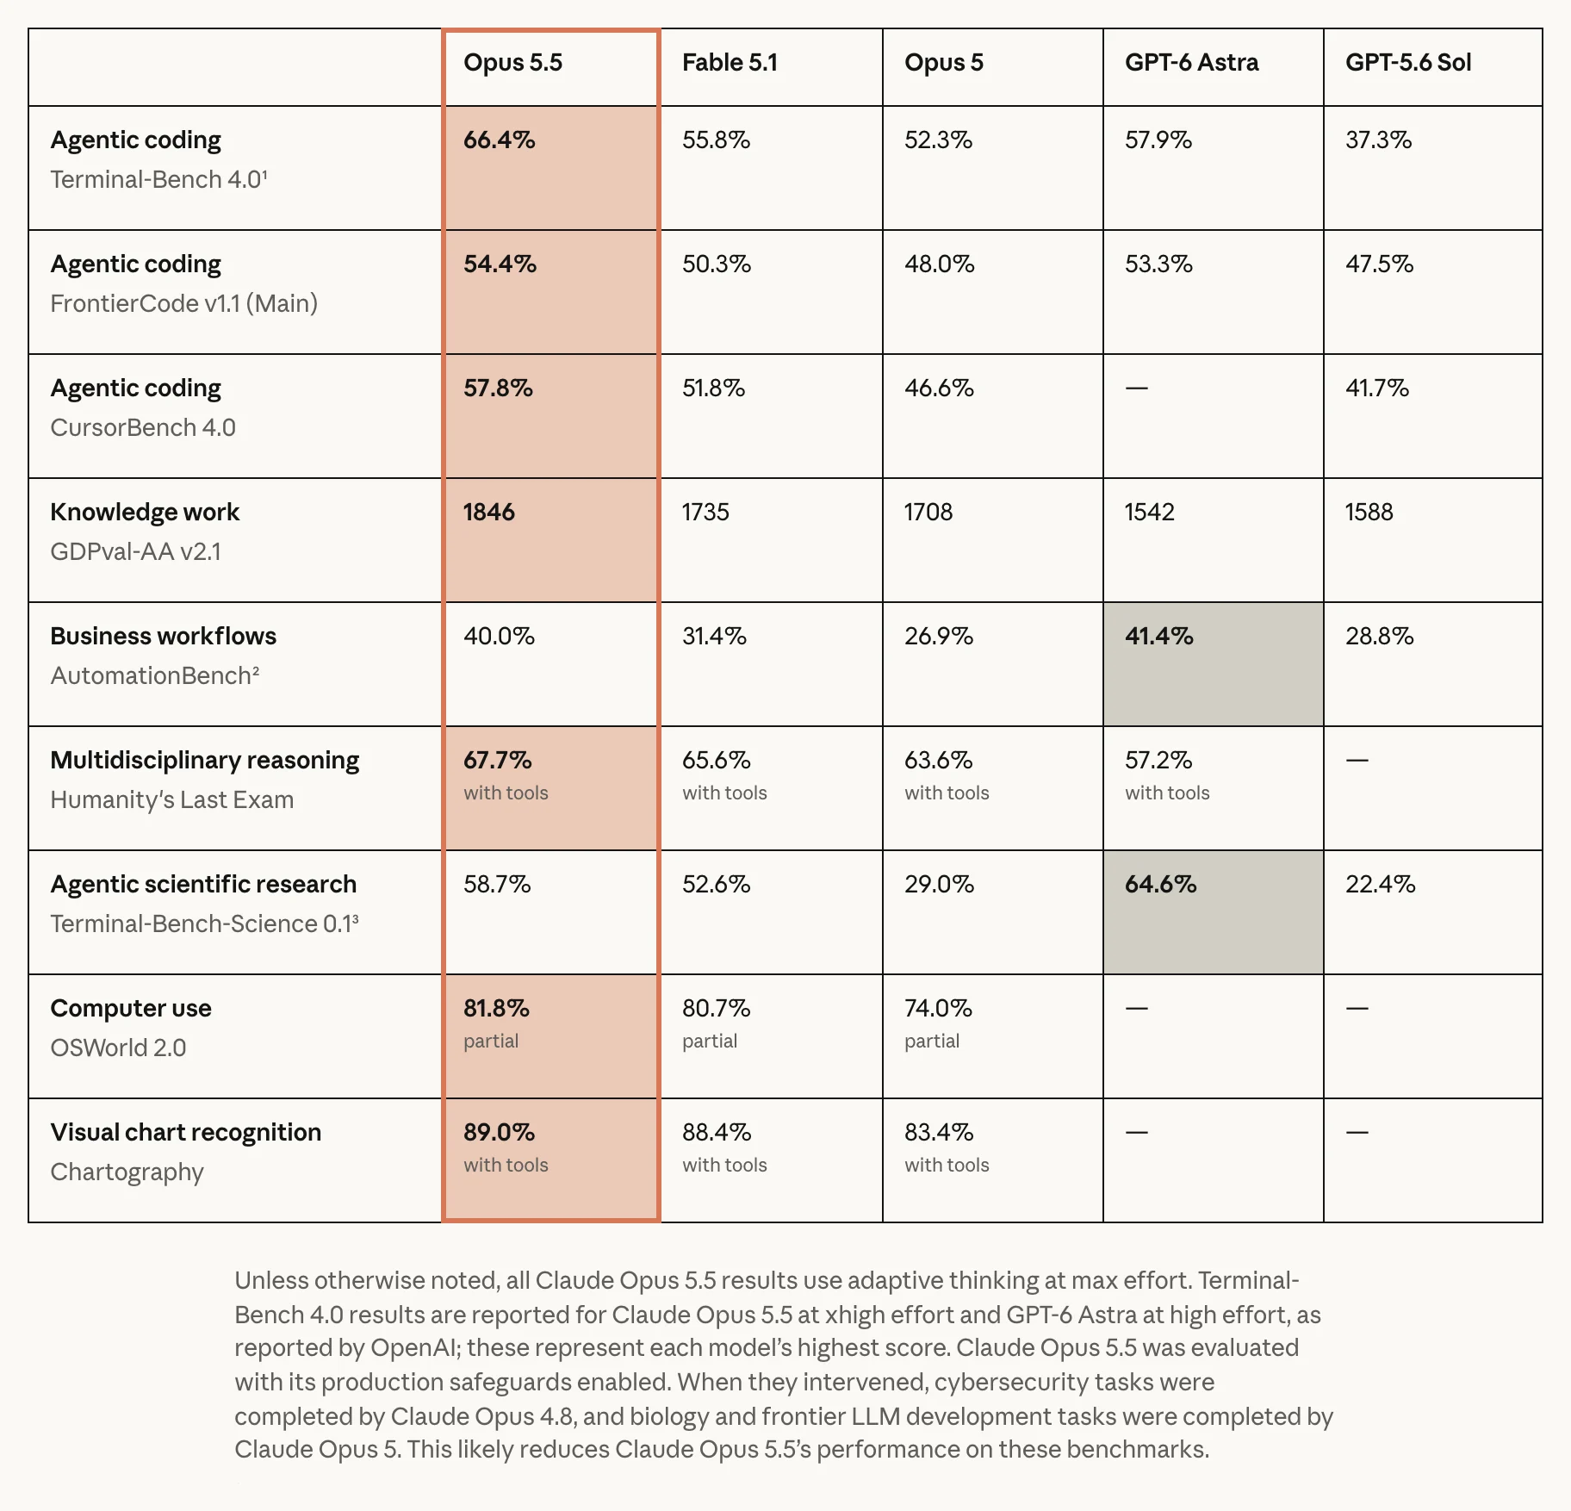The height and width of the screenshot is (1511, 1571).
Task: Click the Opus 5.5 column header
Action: click(512, 63)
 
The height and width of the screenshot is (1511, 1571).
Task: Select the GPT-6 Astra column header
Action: click(1191, 63)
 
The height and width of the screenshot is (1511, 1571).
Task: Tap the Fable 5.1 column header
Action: click(730, 63)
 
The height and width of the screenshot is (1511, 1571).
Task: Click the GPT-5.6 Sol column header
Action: click(1408, 63)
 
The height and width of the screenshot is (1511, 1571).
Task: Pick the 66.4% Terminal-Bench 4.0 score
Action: click(500, 140)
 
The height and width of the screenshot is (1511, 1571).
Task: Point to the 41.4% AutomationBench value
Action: click(1159, 636)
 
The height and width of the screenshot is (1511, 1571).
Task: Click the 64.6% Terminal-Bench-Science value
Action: click(1160, 884)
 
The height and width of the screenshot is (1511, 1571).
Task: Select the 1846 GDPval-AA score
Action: click(488, 512)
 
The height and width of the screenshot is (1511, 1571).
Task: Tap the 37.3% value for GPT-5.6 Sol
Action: click(1379, 140)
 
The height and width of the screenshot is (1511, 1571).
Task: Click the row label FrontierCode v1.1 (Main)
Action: click(184, 303)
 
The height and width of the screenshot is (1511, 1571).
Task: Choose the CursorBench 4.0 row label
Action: click(143, 427)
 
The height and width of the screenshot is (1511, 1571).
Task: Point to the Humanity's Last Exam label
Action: click(172, 799)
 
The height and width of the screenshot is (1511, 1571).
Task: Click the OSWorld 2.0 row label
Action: click(118, 1048)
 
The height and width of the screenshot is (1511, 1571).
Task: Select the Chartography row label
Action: click(127, 1172)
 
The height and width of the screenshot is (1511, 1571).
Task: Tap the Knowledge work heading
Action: click(145, 512)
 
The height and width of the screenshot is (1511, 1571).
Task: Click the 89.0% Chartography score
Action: click(499, 1132)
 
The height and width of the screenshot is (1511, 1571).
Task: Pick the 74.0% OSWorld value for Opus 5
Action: click(938, 1008)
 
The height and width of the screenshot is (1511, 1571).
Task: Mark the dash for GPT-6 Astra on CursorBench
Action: click(1137, 388)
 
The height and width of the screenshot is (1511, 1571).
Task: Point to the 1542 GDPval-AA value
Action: click(1150, 512)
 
